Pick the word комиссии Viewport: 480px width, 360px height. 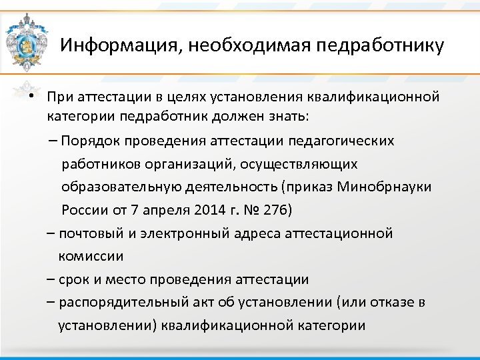tap(91, 256)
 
